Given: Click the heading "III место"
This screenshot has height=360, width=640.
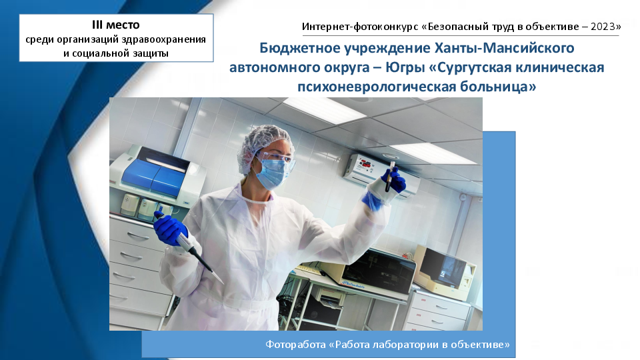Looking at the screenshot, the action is point(116,25).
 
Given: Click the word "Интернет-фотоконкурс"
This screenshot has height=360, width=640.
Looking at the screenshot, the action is point(360,27).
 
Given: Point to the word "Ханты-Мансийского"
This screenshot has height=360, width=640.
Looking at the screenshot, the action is point(504,48).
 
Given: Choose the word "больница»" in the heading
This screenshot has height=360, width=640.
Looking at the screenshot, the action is point(498,87).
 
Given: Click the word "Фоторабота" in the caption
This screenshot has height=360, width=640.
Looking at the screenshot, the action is point(295,345).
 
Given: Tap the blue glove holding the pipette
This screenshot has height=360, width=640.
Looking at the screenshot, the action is point(169,229).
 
